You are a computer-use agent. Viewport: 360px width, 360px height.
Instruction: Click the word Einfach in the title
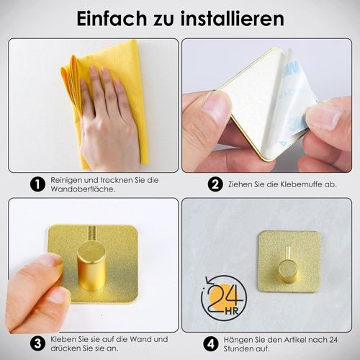112,18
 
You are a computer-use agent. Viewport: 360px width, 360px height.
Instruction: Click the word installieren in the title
233,18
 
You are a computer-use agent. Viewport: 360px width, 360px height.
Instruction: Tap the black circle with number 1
37,184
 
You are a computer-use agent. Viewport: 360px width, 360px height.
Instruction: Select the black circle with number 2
215,184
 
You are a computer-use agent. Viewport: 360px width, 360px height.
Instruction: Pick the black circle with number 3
37,343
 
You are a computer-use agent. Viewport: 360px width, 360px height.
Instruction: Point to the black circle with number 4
211,344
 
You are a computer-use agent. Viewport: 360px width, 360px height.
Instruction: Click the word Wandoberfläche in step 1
83,189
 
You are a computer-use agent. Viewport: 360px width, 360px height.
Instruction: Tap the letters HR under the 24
232,312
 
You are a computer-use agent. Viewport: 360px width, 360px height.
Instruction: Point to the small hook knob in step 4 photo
288,271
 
